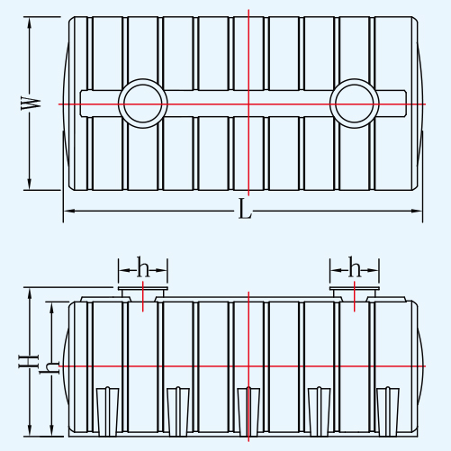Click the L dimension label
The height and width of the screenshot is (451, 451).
coord(245,209)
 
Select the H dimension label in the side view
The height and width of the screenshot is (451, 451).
coord(29,361)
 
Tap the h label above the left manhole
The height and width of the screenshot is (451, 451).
coord(143,266)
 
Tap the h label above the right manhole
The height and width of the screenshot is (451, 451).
coord(355,266)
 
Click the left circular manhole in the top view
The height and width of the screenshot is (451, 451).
coord(143,79)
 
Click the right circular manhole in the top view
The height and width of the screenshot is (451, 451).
coord(355,79)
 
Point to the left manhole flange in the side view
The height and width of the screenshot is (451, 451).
coord(143,289)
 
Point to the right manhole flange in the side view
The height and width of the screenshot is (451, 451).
coord(355,289)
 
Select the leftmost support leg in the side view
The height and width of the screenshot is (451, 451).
coord(108,411)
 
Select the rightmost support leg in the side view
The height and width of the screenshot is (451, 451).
coord(388,411)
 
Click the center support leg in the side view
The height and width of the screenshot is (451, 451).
coord(248,411)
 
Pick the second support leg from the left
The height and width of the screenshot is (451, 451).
coord(178,411)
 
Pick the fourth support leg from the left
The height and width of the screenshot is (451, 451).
coord(320,411)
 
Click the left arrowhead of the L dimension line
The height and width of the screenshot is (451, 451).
coord(69,211)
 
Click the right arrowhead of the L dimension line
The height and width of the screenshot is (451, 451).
coord(417,211)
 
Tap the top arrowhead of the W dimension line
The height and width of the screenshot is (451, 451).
coord(30,23)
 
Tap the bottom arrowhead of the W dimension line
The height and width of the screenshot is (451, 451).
coord(30,184)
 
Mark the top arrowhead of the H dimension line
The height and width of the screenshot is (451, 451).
coord(30,293)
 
